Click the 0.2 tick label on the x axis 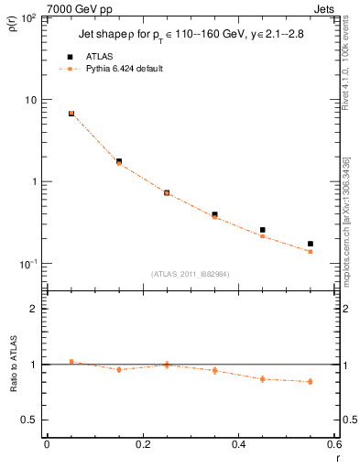click(x=142, y=445)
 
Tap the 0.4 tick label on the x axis click(x=238, y=445)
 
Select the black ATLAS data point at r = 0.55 click(x=311, y=244)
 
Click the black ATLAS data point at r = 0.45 click(x=263, y=230)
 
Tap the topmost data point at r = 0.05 click(x=71, y=114)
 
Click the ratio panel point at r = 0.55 click(x=311, y=381)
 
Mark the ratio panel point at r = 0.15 click(x=119, y=369)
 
